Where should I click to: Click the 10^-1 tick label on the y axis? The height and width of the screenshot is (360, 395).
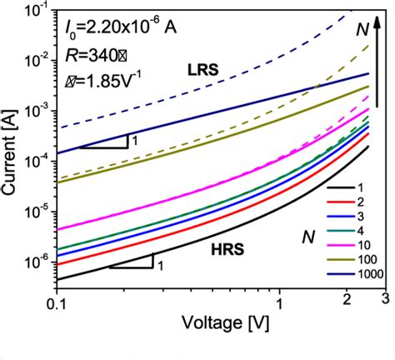click(34, 11)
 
